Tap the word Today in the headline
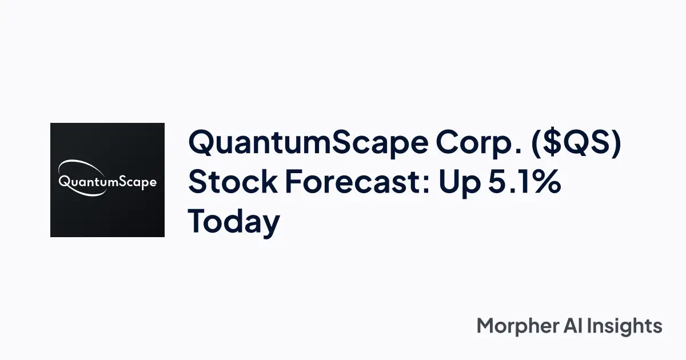point(234,222)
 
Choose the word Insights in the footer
point(629,326)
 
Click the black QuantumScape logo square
point(107,180)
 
